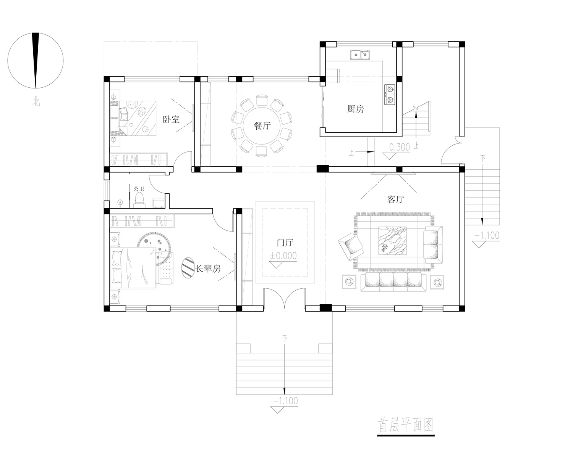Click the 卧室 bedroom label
coord(171,119)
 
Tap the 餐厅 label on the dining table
coord(262,126)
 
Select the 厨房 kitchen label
coord(356,109)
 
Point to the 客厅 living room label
coord(395,199)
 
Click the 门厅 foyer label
coord(285,243)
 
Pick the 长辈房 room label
coord(208,268)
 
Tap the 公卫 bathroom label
coord(139,189)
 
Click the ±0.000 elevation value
coord(283,256)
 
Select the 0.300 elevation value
coord(400,147)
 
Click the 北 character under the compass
coord(36,102)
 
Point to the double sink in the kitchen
coord(360,55)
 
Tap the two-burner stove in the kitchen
coord(390,95)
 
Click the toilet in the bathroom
coord(139,200)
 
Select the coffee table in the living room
coord(392,240)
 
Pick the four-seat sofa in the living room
coord(393,282)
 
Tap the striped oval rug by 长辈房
coord(188,268)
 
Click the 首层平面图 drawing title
coord(405,425)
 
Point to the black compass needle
coord(36,60)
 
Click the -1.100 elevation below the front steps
coord(285,401)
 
